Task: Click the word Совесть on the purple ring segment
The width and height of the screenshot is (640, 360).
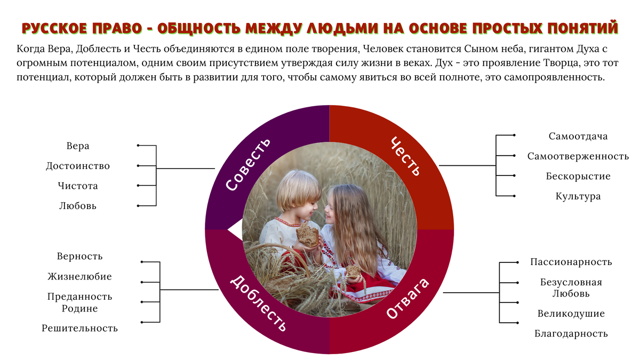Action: tap(248, 164)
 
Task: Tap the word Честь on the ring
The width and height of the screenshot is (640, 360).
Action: tap(406, 156)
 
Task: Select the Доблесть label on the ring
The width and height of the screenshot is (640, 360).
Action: tap(258, 303)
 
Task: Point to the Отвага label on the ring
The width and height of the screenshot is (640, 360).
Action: tap(407, 298)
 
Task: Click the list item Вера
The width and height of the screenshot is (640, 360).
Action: tap(78, 146)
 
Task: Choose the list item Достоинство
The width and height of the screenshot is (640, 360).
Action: tap(78, 166)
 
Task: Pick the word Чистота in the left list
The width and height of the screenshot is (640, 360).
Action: tap(78, 186)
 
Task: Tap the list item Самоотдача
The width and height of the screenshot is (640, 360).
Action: tap(578, 137)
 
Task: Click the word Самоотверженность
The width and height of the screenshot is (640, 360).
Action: tap(578, 156)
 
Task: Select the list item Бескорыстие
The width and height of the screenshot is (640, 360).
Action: tap(578, 177)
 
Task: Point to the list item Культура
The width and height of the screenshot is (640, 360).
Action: tap(578, 196)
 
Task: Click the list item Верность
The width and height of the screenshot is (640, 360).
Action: tap(79, 257)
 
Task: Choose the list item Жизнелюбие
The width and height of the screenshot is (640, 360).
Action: tap(79, 276)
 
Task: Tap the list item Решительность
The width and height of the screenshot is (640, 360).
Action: tap(79, 329)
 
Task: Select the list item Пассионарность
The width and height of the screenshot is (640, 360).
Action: tap(571, 262)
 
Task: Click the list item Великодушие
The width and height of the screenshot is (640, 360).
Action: tap(571, 314)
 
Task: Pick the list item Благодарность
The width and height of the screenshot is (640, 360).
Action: tap(571, 334)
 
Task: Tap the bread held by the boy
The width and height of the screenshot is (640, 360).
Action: tap(307, 234)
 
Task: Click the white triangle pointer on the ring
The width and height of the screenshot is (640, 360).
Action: tap(235, 229)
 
